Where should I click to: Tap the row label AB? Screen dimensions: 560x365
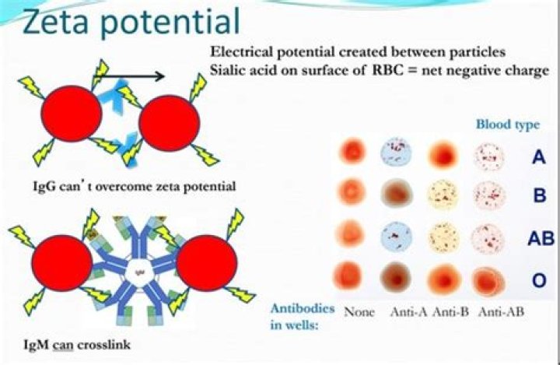pyautogui.click(x=541, y=238)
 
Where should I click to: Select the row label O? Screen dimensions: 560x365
pyautogui.click(x=539, y=280)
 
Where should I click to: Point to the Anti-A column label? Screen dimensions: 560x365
pyautogui.click(x=408, y=312)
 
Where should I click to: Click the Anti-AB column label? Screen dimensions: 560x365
pyautogui.click(x=501, y=312)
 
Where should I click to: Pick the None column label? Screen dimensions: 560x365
pyautogui.click(x=359, y=312)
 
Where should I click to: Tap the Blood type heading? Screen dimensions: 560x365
pyautogui.click(x=507, y=125)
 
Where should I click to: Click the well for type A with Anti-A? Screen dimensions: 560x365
pyautogui.click(x=396, y=154)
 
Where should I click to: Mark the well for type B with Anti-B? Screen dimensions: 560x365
pyautogui.click(x=443, y=195)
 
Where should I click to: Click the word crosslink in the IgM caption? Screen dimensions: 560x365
pyautogui.click(x=104, y=345)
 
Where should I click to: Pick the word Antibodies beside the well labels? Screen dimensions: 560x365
pyautogui.click(x=303, y=308)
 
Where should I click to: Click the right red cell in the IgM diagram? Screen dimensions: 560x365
pyautogui.click(x=207, y=263)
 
